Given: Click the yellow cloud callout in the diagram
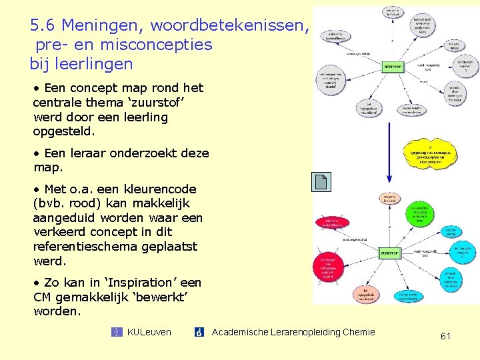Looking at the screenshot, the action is point(431,154).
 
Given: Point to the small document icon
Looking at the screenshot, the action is point(321,181).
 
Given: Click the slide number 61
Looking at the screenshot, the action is point(445,337).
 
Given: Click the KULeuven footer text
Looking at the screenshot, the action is point(149,332).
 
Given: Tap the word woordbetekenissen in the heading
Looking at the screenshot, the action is point(230,26).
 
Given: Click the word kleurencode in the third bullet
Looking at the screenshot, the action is point(159,189).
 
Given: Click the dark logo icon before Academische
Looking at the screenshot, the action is point(199,332).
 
